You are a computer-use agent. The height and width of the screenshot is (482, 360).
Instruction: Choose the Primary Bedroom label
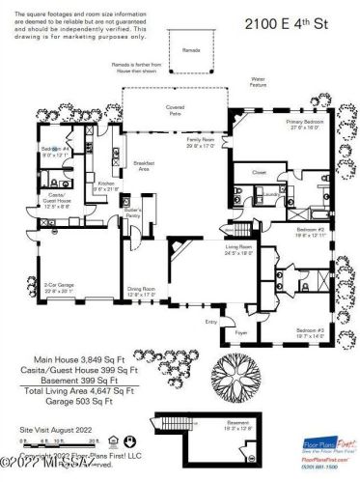click(304, 125)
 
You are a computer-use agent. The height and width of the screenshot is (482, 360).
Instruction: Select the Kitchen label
click(105, 184)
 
